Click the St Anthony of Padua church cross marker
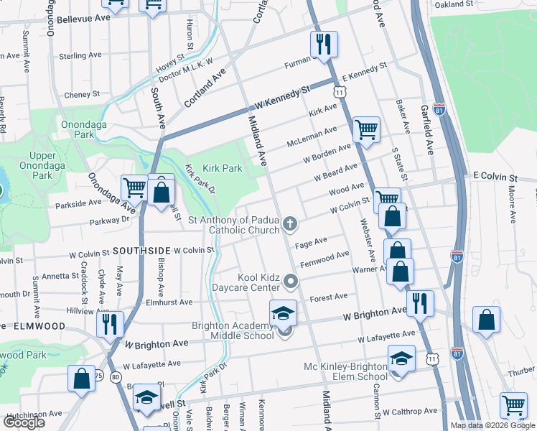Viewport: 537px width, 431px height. [290, 224]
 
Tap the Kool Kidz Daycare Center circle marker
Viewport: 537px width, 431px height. [290, 281]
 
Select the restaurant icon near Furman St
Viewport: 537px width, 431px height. [324, 45]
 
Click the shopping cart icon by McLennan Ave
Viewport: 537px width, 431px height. [366, 130]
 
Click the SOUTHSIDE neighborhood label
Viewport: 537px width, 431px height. [140, 250]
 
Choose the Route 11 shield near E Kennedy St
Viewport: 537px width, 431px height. [339, 91]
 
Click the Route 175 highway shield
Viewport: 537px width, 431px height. [98, 376]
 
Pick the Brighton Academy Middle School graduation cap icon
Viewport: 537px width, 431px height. [283, 313]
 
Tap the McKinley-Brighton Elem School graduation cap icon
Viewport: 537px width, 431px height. [401, 358]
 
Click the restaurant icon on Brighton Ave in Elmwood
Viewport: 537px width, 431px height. [110, 324]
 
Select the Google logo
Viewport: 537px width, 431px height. [24, 422]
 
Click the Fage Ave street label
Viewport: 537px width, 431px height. [312, 241]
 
